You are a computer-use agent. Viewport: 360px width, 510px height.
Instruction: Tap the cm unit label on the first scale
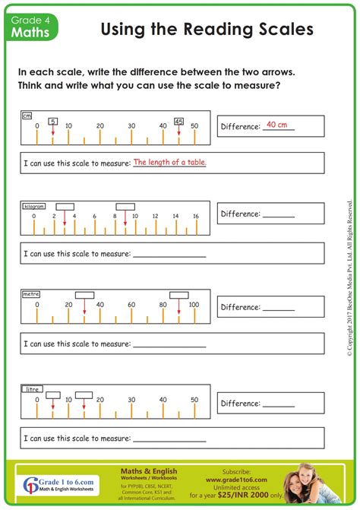(27, 116)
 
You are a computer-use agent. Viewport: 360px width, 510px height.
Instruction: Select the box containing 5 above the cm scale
(52, 121)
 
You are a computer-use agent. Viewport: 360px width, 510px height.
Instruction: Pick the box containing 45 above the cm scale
(178, 121)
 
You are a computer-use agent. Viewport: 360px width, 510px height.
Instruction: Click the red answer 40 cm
(277, 124)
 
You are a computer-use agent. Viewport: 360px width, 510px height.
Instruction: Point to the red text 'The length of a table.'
(169, 162)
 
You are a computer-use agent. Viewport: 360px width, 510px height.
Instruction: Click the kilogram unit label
(34, 206)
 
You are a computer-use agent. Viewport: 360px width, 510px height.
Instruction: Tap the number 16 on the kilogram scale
(195, 217)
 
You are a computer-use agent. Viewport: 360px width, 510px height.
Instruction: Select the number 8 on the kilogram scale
(115, 217)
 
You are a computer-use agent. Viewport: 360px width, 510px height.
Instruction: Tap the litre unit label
(31, 388)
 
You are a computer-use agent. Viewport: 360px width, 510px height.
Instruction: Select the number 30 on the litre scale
(131, 400)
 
